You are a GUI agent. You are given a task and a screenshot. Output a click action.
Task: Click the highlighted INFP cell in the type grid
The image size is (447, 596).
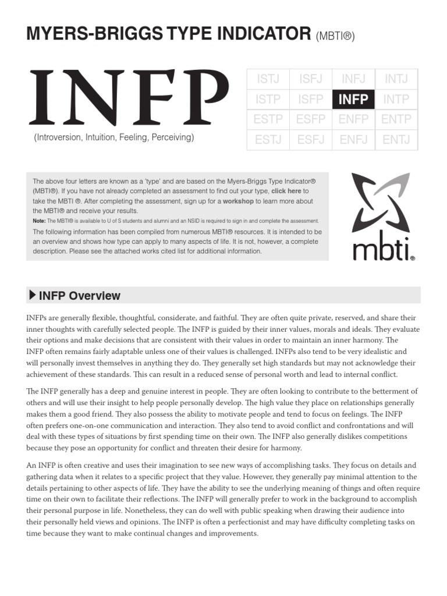click(x=353, y=100)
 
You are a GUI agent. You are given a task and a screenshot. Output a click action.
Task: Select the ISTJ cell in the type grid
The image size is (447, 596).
click(x=268, y=79)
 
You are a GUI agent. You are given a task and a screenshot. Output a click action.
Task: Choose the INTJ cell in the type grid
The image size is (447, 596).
click(x=396, y=79)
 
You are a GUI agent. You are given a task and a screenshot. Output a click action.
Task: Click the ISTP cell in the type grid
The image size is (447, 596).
click(x=268, y=100)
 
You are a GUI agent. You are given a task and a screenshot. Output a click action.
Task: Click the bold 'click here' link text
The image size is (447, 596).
click(x=286, y=191)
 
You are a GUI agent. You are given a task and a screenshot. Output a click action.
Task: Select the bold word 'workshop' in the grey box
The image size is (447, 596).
click(x=239, y=201)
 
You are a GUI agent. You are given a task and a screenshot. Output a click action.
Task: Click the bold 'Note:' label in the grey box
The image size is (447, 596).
click(x=39, y=221)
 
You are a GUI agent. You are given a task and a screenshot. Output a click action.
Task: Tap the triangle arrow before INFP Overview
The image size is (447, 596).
click(x=32, y=295)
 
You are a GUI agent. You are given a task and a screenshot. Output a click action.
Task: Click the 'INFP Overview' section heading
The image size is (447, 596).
click(x=79, y=296)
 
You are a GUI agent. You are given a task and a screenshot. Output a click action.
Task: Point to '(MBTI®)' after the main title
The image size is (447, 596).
click(x=335, y=37)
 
